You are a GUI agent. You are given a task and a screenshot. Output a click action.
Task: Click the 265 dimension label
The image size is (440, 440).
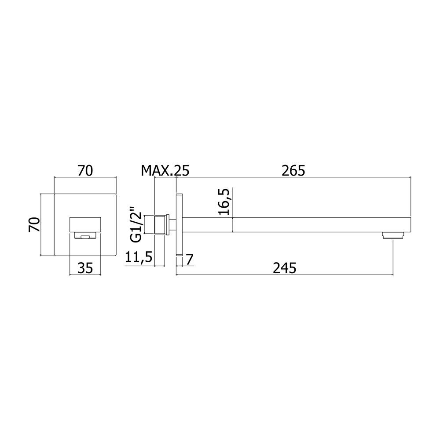pyautogui.click(x=293, y=171)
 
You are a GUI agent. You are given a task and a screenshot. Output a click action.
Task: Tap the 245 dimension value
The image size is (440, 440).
pyautogui.click(x=285, y=268)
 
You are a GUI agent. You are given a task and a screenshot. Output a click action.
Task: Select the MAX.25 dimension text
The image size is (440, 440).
pyautogui.click(x=165, y=171)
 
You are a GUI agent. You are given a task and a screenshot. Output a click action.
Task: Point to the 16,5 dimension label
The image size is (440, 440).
pyautogui.click(x=224, y=202)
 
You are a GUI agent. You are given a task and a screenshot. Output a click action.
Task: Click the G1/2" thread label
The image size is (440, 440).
pyautogui.click(x=136, y=225)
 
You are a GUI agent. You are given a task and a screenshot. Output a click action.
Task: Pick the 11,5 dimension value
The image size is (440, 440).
pyautogui.click(x=138, y=258)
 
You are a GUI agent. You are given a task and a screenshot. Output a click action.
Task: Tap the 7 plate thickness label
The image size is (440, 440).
pyautogui.click(x=190, y=260)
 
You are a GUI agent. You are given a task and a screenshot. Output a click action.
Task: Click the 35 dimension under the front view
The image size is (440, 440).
pyautogui.click(x=85, y=268)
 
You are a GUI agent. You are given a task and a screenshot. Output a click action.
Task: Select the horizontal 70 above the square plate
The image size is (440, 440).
pyautogui.click(x=85, y=171)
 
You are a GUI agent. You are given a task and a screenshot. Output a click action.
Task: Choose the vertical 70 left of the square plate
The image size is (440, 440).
pyautogui.click(x=34, y=224)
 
